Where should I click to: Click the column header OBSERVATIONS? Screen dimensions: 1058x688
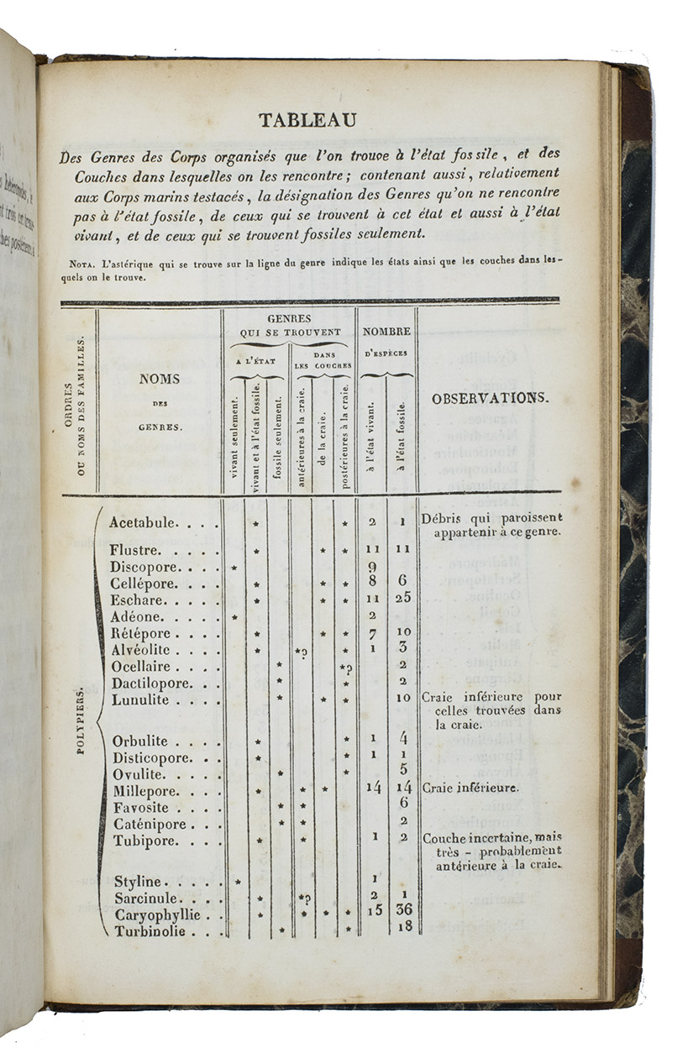point(491,399)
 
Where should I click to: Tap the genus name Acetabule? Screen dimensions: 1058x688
point(143,522)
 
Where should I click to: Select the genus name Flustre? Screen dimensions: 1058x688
point(136,550)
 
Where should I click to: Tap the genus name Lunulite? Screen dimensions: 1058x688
point(139,699)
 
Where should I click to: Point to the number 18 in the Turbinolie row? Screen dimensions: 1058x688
point(403,927)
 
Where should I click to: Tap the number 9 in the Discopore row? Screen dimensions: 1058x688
point(371,568)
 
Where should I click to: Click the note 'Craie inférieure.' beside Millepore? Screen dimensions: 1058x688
point(470,788)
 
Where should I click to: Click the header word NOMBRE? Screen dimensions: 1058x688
point(386,332)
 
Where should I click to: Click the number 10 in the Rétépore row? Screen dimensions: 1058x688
point(403,631)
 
